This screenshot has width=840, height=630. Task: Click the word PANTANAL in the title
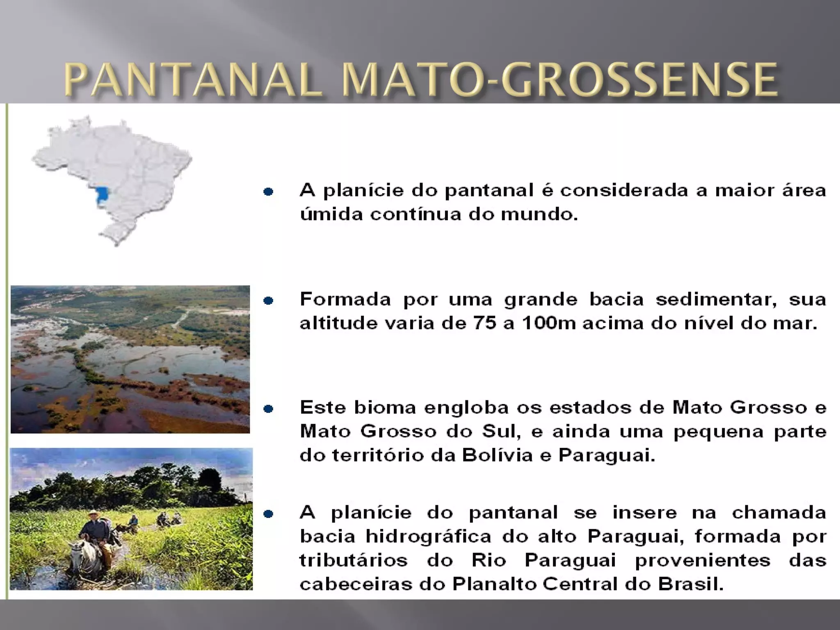click(x=193, y=80)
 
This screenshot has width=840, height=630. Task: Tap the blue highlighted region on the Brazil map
click(x=101, y=196)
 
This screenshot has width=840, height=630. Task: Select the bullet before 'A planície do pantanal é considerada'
click(x=268, y=192)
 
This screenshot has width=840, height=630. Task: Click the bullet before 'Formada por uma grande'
click(x=268, y=301)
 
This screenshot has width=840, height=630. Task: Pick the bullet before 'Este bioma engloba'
click(x=268, y=409)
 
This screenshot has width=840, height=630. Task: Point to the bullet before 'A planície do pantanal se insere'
click(x=268, y=514)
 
